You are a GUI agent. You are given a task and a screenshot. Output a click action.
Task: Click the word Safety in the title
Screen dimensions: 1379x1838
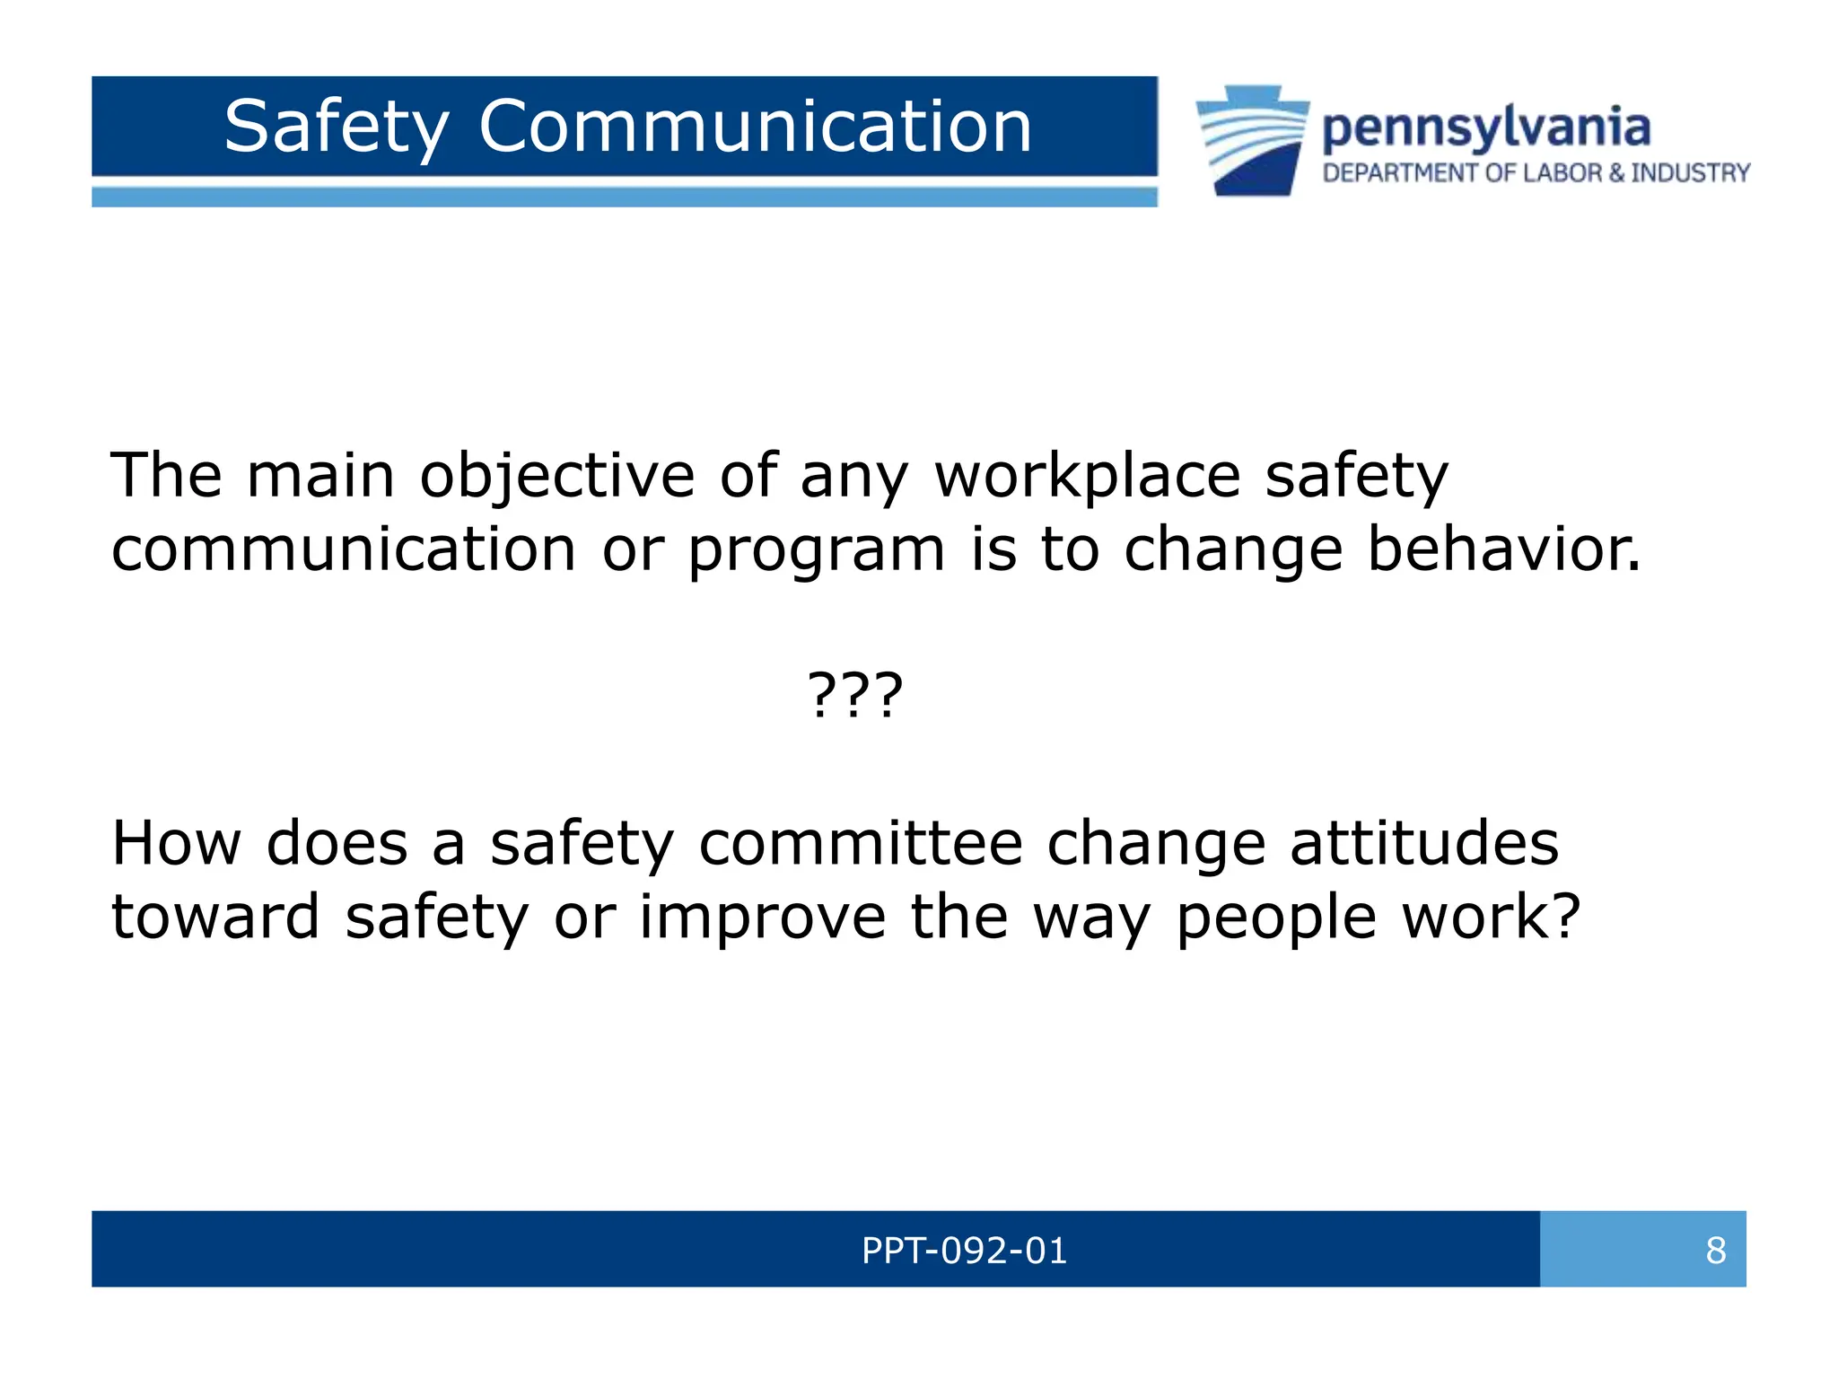(x=337, y=127)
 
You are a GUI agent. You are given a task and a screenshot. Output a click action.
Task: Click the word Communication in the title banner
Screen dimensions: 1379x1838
(x=755, y=127)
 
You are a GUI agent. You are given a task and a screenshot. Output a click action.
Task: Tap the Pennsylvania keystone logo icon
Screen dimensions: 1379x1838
(x=1252, y=141)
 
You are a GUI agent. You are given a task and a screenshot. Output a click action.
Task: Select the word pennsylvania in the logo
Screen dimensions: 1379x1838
(x=1485, y=127)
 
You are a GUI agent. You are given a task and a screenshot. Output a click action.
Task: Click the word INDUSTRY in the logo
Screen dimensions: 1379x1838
(x=1690, y=173)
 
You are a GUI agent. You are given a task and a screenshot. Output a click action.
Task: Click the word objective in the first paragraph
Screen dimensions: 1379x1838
(x=557, y=476)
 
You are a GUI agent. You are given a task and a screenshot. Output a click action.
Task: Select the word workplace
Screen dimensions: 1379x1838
(x=1088, y=476)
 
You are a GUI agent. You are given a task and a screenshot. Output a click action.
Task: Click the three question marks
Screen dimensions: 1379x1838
(x=855, y=695)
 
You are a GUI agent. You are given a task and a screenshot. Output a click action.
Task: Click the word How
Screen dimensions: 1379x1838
(x=176, y=844)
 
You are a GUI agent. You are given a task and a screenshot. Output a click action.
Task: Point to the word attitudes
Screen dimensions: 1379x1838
(x=1424, y=844)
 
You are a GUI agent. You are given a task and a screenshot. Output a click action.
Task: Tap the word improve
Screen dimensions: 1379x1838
(x=762, y=918)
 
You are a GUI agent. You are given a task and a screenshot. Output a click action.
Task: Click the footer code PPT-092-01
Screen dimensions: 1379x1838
(x=964, y=1251)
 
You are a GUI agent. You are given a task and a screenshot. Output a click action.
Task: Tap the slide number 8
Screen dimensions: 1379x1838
(x=1715, y=1251)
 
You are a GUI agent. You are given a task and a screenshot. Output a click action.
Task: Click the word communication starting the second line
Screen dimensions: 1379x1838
(x=343, y=549)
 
